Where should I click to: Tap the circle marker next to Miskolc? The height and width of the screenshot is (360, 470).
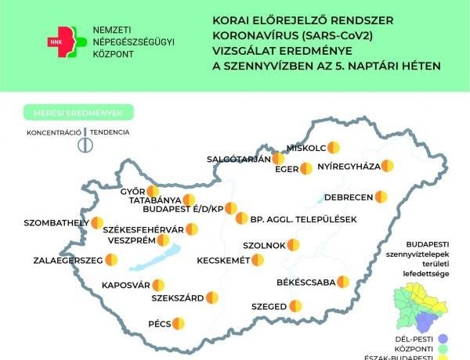tap(334, 146)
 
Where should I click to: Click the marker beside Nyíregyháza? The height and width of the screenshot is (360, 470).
tap(387, 166)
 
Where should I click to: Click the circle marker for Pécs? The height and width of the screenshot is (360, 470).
tap(179, 322)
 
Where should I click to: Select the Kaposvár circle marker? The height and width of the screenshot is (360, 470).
tap(158, 285)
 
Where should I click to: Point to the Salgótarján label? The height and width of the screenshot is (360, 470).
tap(238, 159)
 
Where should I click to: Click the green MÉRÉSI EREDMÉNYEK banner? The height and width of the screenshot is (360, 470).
tap(78, 112)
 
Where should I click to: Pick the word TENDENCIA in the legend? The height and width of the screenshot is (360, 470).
tap(109, 132)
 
